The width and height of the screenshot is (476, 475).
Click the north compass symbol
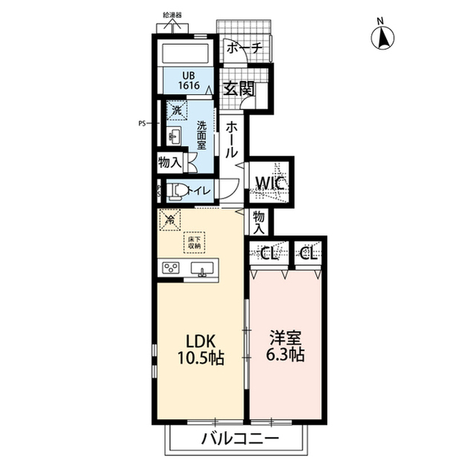coord(383,36)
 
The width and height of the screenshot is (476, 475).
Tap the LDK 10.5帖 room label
coord(201,349)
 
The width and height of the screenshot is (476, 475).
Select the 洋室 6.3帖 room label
coord(286,347)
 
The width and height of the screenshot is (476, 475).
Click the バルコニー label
coord(240,438)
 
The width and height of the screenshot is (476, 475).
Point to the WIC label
coord(270,183)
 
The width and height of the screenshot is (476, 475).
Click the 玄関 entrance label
coord(239,89)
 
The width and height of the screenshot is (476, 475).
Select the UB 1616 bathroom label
coord(188,80)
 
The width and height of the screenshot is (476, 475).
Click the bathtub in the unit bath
coord(185,54)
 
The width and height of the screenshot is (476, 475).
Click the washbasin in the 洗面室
coord(174,136)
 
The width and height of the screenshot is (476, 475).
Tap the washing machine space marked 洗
coord(177,111)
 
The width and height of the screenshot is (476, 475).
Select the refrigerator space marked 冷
coord(170,219)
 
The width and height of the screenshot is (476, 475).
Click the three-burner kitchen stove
coord(171,267)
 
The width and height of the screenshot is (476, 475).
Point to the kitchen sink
coord(202,269)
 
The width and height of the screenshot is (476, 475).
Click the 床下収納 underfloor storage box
coord(194,242)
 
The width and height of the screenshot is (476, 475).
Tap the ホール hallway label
coord(231,140)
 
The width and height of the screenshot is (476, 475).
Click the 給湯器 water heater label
coord(172,16)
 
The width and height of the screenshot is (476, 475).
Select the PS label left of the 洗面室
coord(142,123)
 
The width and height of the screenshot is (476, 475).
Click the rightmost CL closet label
coord(309,253)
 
